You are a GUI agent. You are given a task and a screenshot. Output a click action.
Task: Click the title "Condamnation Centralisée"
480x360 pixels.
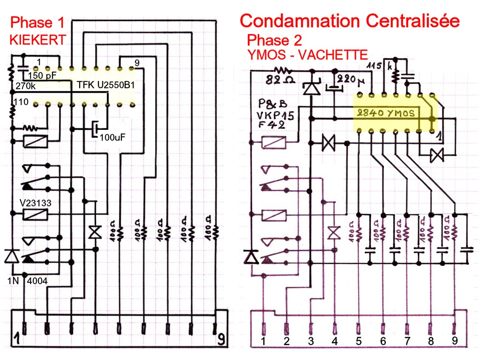pos(349,21)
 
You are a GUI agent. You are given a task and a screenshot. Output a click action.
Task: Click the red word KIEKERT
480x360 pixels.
pos(37,40)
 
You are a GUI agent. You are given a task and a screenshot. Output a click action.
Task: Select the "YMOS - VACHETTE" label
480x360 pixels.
pos(307,54)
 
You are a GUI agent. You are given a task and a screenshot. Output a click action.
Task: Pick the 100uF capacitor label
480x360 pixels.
pos(112,137)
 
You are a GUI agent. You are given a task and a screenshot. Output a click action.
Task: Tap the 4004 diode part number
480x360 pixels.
pos(38,281)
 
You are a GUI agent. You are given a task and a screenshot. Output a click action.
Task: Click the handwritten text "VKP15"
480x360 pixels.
pos(275,115)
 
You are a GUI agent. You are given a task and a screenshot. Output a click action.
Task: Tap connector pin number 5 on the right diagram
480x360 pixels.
pos(359,341)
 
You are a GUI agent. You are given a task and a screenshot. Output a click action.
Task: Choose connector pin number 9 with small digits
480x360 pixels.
pos(454,341)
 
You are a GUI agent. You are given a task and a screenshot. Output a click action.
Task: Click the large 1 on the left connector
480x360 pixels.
pos(17,338)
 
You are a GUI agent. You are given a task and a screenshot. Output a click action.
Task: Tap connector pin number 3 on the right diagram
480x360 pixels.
pos(310,341)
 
